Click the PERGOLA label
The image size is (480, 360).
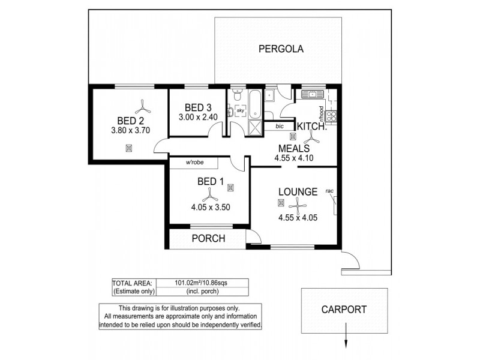click(281, 49)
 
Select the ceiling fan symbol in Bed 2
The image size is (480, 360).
click(142, 107)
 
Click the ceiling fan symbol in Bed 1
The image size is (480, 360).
click(209, 194)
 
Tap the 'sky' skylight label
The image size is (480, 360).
click(240, 110)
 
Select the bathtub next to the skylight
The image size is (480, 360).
click(254, 104)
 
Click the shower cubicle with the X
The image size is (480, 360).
click(255, 128)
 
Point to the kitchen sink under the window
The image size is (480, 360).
click(312, 94)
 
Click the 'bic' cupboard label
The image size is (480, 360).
click(280, 127)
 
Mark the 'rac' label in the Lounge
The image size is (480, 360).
click(329, 191)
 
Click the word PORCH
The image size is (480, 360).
click(208, 238)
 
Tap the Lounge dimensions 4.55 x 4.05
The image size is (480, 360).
click(298, 217)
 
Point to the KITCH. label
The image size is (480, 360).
click(312, 127)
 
